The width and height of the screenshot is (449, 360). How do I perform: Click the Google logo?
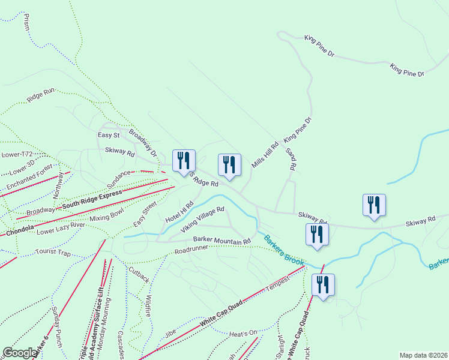click(20, 353)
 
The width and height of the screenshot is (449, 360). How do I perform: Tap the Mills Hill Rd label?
click(265, 155)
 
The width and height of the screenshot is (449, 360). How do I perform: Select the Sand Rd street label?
click(292, 159)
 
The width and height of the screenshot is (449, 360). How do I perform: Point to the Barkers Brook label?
click(284, 249)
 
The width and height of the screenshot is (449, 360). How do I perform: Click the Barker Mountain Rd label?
click(221, 241)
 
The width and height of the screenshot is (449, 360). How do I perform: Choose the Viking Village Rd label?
click(203, 219)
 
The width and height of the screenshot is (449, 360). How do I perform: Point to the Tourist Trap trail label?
click(53, 253)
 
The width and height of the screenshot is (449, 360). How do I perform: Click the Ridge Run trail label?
click(41, 95)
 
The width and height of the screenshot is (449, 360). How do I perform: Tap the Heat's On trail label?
click(243, 332)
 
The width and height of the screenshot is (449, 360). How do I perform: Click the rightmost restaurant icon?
click(374, 205)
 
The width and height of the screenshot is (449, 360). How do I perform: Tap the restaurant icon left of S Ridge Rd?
click(183, 161)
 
